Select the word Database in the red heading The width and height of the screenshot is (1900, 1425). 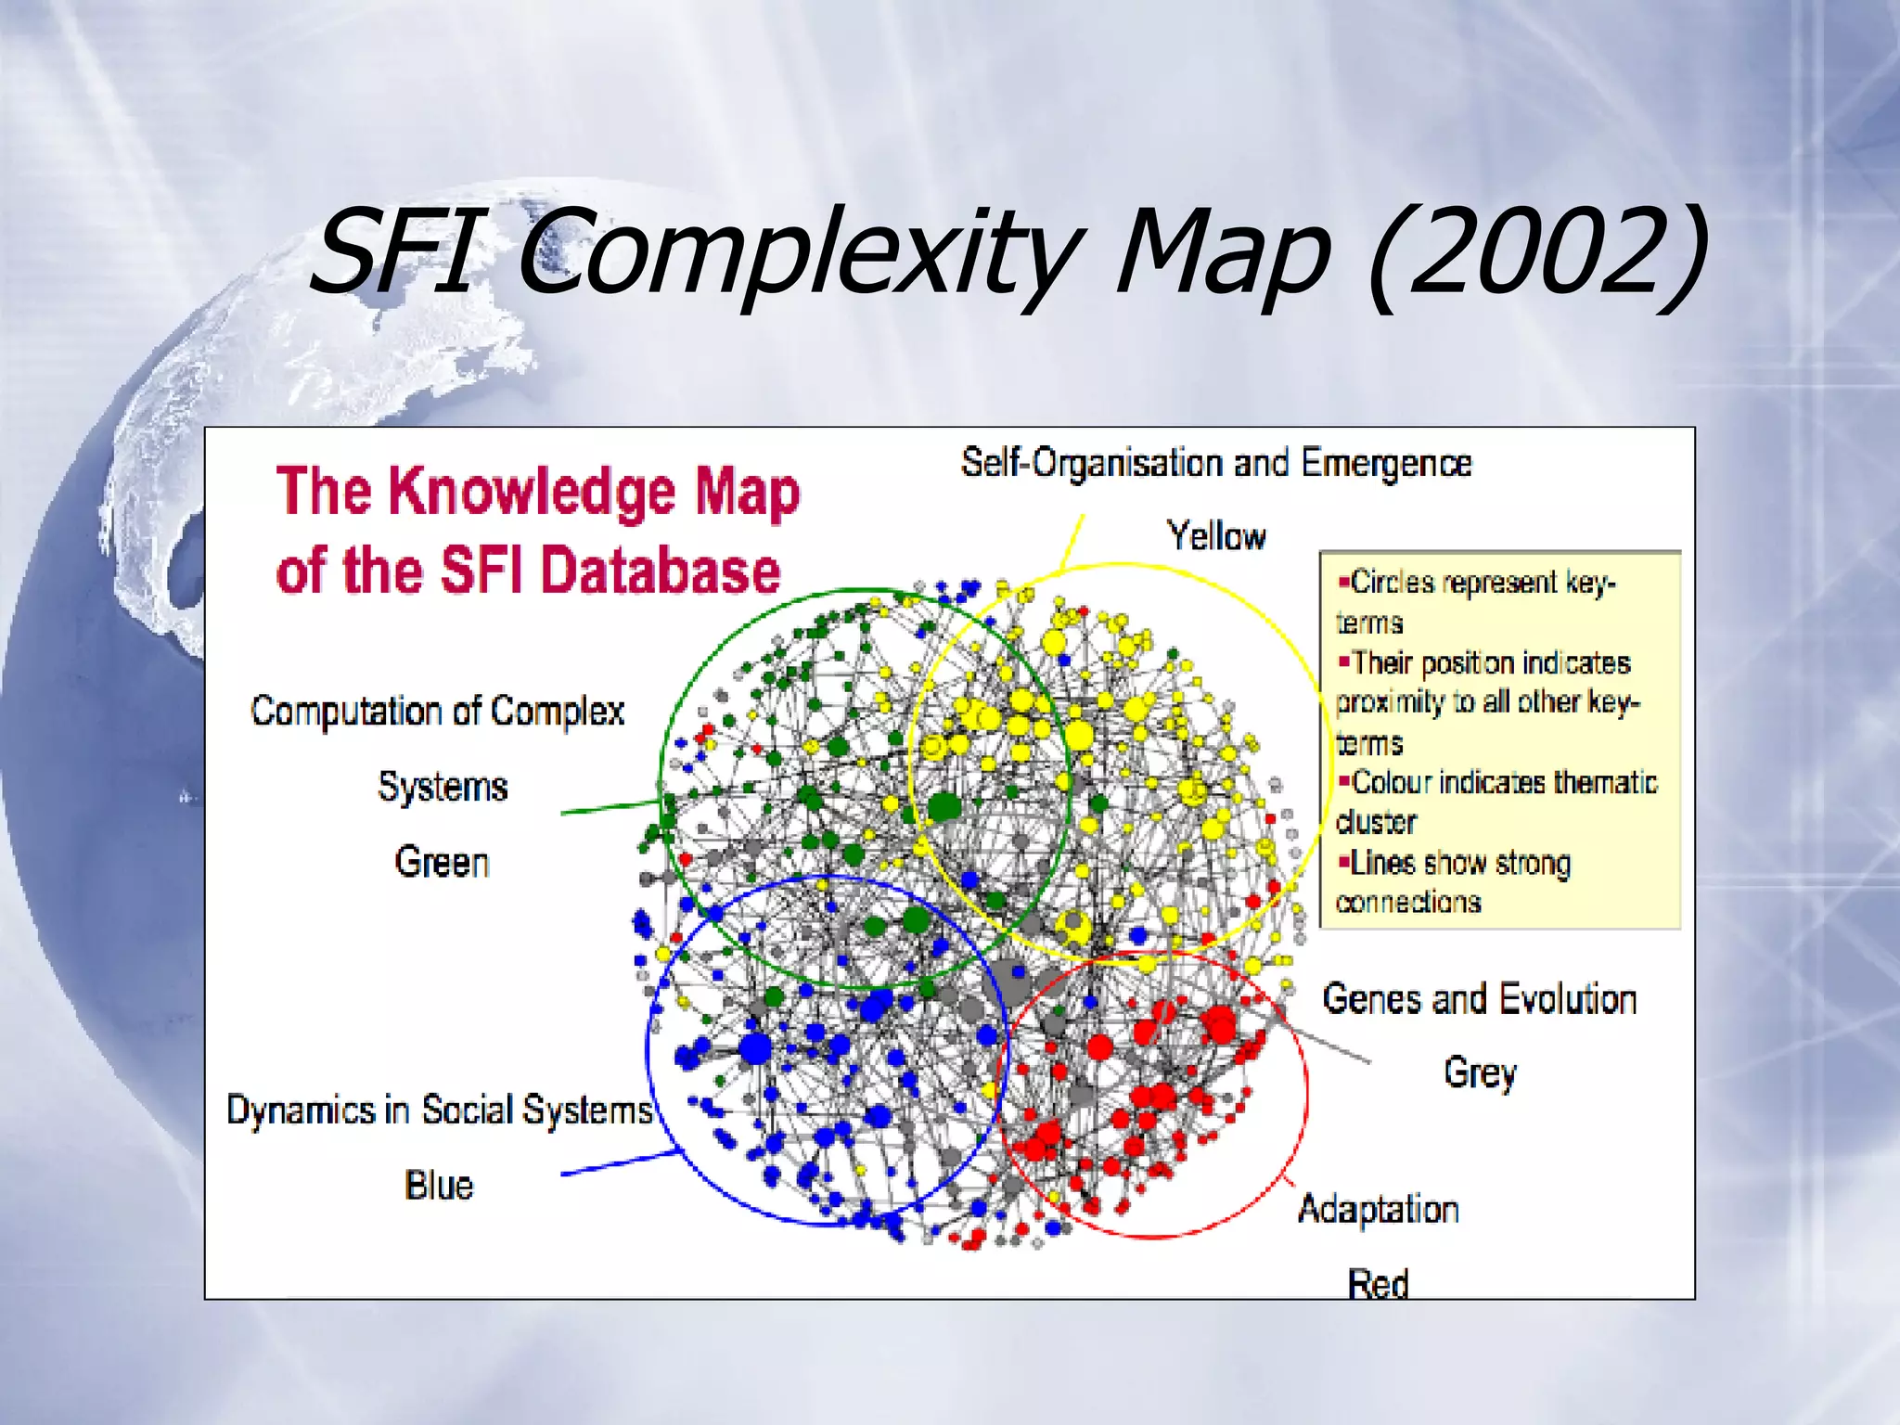661,571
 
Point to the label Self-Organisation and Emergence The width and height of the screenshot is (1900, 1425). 1215,462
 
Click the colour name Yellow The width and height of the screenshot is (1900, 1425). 1215,536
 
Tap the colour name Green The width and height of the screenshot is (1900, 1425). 442,862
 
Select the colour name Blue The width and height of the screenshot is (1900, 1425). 439,1186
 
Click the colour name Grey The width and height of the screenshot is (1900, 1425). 1480,1073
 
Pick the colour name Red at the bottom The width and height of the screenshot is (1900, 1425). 1378,1284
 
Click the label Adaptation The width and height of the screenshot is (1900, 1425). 1378,1209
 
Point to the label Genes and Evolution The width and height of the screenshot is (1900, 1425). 1479,999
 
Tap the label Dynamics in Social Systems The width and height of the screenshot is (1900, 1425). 439,1110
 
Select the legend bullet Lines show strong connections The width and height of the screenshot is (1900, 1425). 1457,881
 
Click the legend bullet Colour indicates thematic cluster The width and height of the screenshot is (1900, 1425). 1496,802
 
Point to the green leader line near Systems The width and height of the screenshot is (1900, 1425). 608,808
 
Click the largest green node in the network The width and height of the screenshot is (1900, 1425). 944,807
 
